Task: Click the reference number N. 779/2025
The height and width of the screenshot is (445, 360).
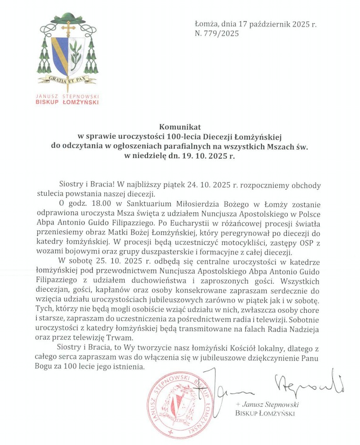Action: click(217, 34)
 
